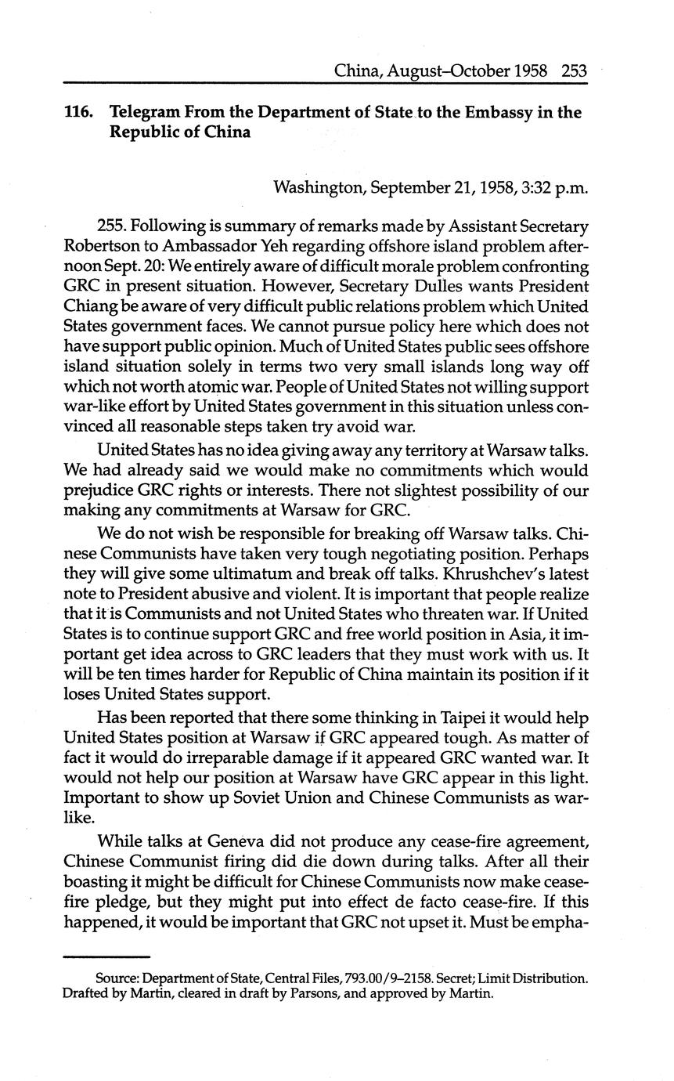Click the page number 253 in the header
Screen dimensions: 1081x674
pos(574,71)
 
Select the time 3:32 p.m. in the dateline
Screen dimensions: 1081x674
pos(556,187)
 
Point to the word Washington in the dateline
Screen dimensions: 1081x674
pos(318,187)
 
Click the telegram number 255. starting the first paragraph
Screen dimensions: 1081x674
pos(112,226)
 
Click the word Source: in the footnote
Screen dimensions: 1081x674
pos(118,978)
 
